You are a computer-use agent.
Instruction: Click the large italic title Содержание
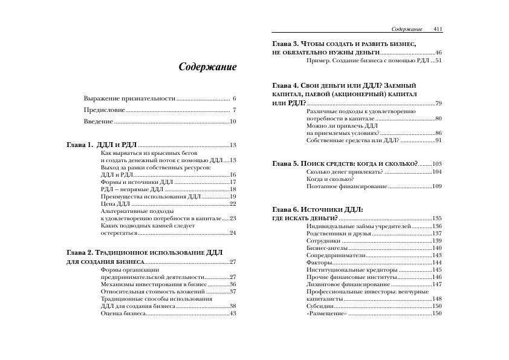coord(207,67)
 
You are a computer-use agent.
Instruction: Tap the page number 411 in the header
coord(438,29)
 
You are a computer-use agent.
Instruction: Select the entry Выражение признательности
coord(129,98)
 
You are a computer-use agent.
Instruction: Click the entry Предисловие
coord(105,110)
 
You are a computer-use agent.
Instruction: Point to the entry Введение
coord(99,122)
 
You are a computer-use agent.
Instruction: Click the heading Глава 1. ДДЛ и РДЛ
coord(101,145)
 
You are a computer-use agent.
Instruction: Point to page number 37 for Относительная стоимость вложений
coord(233,292)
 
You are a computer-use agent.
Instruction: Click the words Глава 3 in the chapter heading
coord(285,45)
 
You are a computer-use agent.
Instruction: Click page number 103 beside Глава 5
coord(437,164)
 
